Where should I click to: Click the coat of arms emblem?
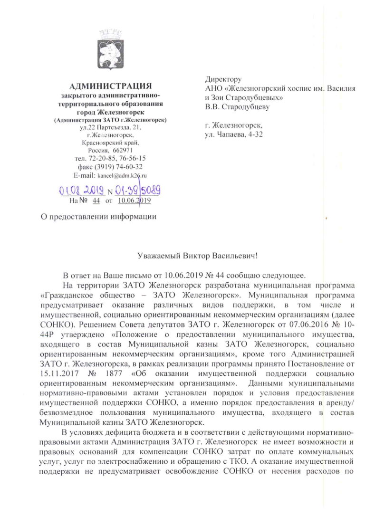[110, 50]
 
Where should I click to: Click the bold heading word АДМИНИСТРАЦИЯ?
[110, 86]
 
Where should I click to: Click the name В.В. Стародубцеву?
[237, 107]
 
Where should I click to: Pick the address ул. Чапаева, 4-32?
[234, 134]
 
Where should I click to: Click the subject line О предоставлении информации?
[99, 217]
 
